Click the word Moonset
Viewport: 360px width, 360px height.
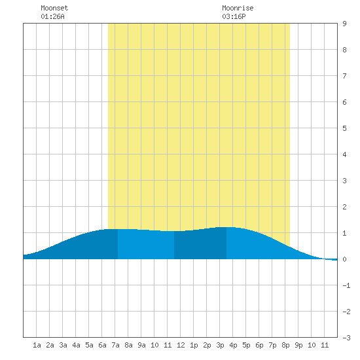(x=54, y=8)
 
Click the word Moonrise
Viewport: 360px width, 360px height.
(x=238, y=8)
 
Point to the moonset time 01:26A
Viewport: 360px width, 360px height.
(x=52, y=16)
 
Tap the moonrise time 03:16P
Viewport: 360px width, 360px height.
(x=234, y=16)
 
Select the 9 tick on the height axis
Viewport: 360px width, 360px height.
(x=344, y=24)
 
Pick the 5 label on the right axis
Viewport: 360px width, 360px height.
(x=344, y=128)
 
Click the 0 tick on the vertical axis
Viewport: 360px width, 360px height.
(x=344, y=259)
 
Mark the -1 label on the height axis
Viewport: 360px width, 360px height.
(x=346, y=285)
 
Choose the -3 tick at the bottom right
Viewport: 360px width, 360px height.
(x=346, y=338)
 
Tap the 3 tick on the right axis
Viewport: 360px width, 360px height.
(x=344, y=181)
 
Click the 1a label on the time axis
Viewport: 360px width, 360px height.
(x=37, y=345)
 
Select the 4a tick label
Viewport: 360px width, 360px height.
(x=76, y=345)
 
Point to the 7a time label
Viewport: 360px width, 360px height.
(x=115, y=345)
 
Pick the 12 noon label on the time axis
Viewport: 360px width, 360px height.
(x=181, y=345)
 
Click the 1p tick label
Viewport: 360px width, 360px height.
(x=194, y=345)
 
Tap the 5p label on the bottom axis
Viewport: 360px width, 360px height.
(x=246, y=345)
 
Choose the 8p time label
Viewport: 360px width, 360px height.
(x=285, y=345)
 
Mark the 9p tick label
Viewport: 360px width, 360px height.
(x=298, y=345)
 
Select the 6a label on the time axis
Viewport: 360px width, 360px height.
(x=102, y=345)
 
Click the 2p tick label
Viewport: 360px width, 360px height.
(x=207, y=345)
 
